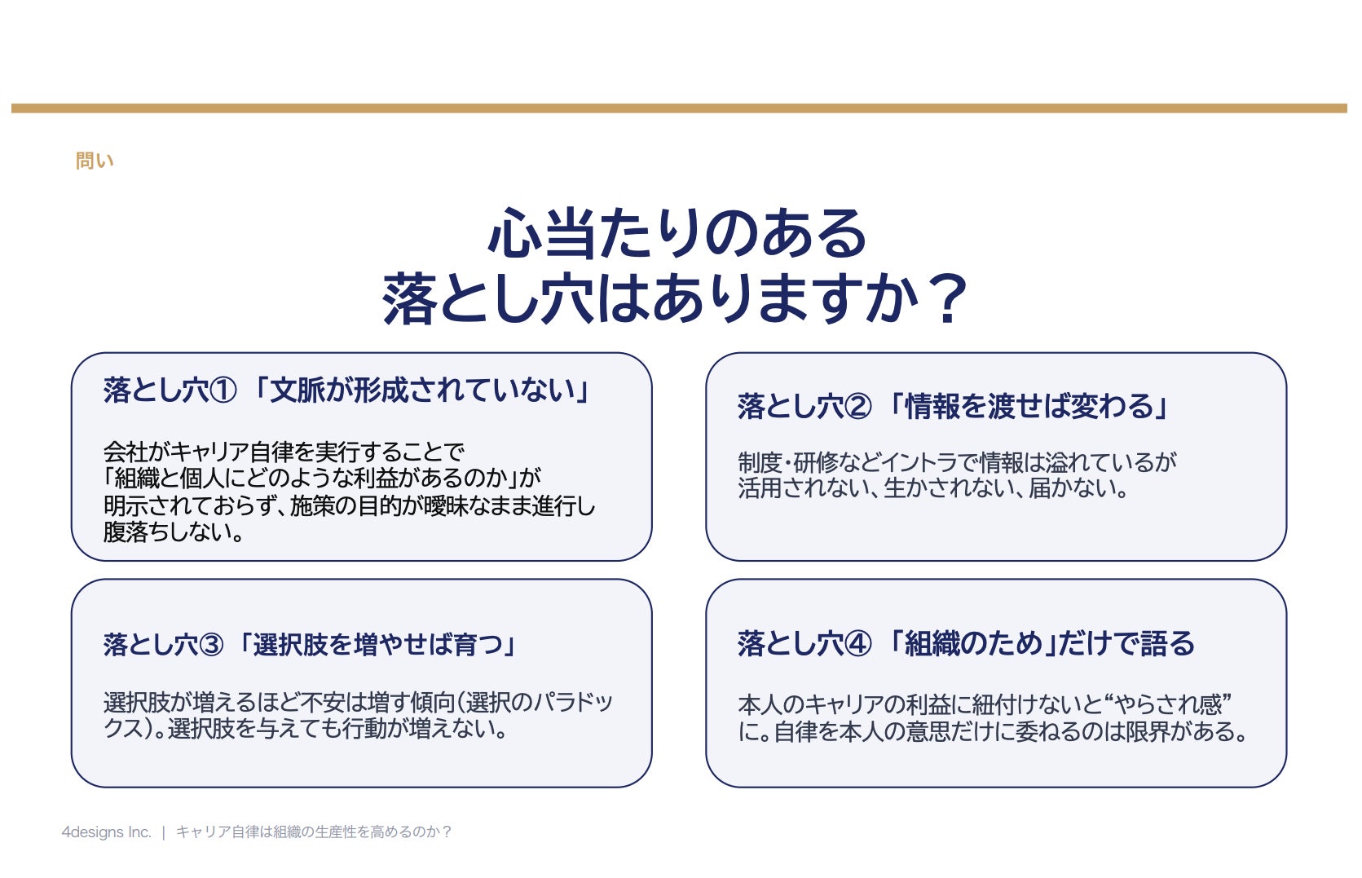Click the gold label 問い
click(x=95, y=161)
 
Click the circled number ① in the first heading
click(x=223, y=390)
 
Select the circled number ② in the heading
click(x=858, y=407)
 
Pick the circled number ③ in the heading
click(x=211, y=645)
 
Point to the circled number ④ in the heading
click(x=858, y=644)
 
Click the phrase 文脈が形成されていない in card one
click(x=423, y=390)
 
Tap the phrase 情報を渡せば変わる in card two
click(x=1029, y=407)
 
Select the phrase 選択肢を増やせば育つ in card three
click(x=378, y=645)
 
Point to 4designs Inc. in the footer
click(x=107, y=832)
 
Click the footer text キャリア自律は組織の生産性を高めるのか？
click(x=314, y=832)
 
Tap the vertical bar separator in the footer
click(x=164, y=832)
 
